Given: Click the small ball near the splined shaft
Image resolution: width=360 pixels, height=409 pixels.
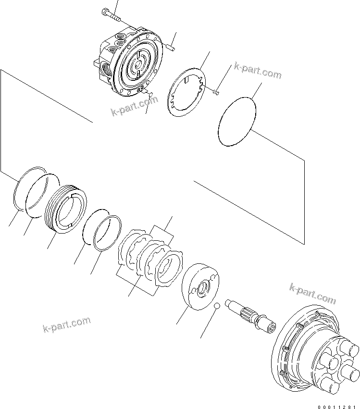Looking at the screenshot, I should coord(217,306).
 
